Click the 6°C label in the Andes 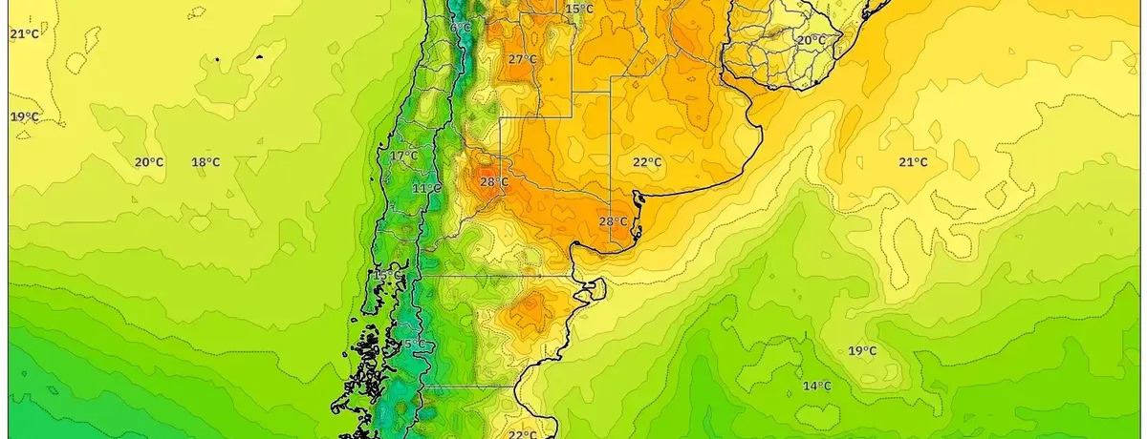coord(461,28)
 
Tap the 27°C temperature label coord(522,59)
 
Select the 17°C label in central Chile coord(403,156)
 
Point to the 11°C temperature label coord(426,188)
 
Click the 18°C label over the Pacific coord(206,162)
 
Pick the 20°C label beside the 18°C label coord(149,162)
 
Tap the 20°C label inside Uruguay coord(812,39)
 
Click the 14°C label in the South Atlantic coord(816,386)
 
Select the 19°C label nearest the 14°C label coord(862,351)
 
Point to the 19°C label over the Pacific coord(25,116)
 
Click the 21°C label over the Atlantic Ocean coord(913,162)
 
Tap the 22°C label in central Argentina coord(647,162)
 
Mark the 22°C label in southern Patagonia coord(522,434)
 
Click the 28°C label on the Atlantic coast coord(613,221)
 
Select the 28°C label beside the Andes coord(494,181)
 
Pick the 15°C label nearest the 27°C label coord(579,10)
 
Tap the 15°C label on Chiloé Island coord(387,275)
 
